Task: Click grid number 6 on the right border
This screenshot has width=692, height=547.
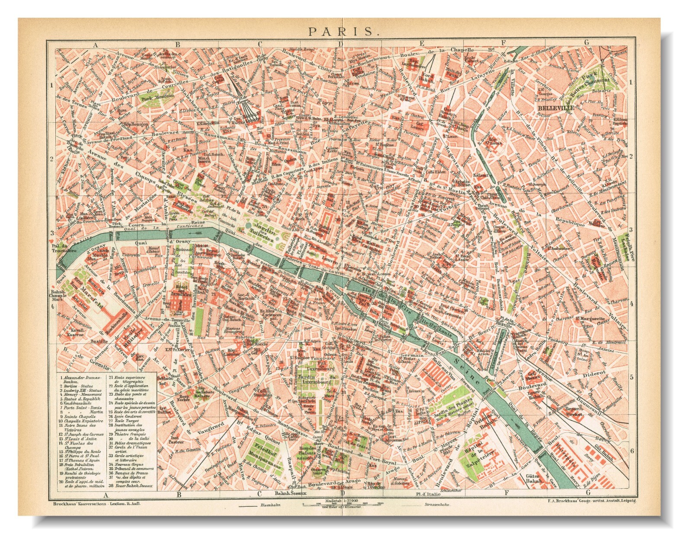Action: coord(632,451)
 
